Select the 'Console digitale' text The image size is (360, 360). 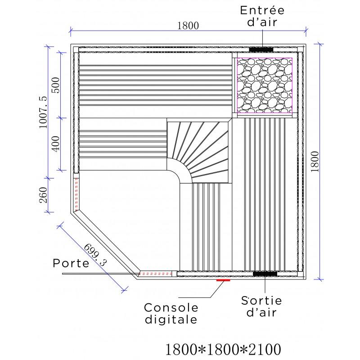pyautogui.click(x=171, y=314)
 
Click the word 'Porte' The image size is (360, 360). pyautogui.click(x=71, y=263)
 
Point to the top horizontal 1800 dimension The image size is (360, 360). pyautogui.click(x=188, y=26)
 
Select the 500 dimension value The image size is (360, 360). pyautogui.click(x=55, y=85)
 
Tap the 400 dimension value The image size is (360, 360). pyautogui.click(x=55, y=144)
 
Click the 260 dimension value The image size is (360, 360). pyautogui.click(x=43, y=194)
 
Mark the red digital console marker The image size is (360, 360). pyautogui.click(x=223, y=280)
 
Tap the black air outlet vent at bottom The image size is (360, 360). pyautogui.click(x=265, y=274)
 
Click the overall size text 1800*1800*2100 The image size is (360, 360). pyautogui.click(x=224, y=349)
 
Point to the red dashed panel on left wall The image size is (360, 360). pyautogui.click(x=76, y=193)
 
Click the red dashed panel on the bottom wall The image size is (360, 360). pyautogui.click(x=156, y=274)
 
